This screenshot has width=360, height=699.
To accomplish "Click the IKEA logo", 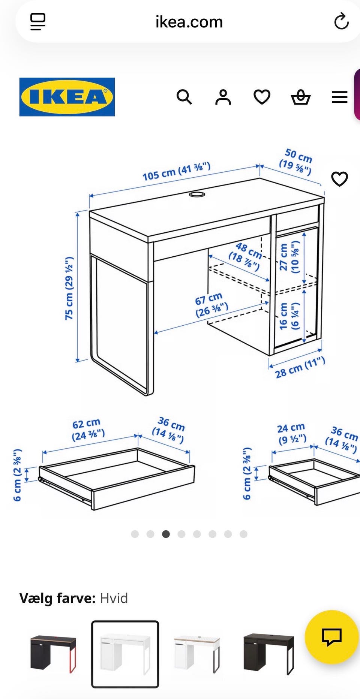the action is click(67, 97).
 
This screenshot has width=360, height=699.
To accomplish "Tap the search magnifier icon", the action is click(184, 97).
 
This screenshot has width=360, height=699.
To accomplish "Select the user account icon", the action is click(223, 97).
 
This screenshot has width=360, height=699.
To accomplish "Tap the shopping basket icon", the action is click(301, 97).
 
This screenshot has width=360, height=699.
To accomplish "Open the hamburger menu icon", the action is click(340, 97).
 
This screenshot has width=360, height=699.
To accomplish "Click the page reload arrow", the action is click(341, 21).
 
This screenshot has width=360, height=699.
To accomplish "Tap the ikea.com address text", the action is click(189, 22).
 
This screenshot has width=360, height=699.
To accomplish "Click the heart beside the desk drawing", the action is click(340, 179).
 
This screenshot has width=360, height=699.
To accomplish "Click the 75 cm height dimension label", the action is click(69, 288).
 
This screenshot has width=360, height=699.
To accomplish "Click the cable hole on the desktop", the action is click(197, 194).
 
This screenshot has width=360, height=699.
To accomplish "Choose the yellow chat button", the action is click(331, 637).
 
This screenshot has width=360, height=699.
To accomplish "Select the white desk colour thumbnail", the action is click(125, 654).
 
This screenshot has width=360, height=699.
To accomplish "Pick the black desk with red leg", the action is click(53, 654).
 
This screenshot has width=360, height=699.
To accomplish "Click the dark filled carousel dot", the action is click(166, 534).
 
